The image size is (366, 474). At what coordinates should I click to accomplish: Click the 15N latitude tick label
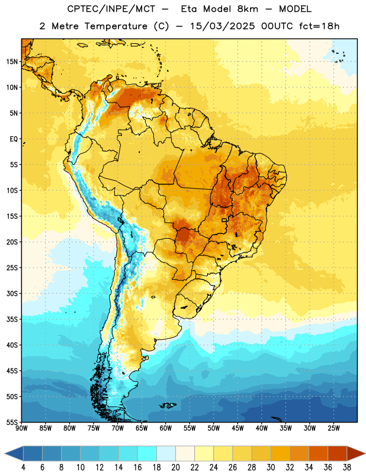[12, 62]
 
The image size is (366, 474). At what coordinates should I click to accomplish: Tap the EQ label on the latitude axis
[14, 139]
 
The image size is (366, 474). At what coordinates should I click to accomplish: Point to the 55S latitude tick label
[12, 422]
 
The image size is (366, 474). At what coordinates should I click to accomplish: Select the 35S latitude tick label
[12, 319]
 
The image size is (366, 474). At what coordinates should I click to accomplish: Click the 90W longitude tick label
[21, 428]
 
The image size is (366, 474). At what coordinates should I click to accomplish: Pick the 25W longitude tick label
[333, 428]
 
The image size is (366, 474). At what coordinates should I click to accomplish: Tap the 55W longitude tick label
[190, 428]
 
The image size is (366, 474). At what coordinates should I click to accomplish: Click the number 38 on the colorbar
[346, 467]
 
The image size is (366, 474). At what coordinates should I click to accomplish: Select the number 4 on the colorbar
[23, 467]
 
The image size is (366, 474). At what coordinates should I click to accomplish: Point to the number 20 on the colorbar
[175, 467]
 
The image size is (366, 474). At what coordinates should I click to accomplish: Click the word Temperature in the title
[115, 26]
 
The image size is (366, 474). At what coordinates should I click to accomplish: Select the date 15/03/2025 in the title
[223, 26]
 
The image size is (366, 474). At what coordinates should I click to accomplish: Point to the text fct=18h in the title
[319, 26]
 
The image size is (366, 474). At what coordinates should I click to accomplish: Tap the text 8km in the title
[248, 9]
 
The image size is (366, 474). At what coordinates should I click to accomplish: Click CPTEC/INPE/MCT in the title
[111, 9]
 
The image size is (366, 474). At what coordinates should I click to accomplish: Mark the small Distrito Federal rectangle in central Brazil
[224, 220]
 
